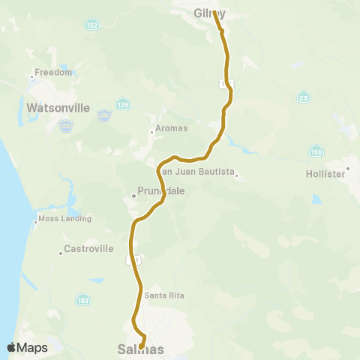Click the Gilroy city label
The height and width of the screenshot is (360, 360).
209,13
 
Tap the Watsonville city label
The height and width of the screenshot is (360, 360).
58,108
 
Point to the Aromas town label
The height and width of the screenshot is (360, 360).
171,128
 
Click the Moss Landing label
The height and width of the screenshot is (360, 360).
66,219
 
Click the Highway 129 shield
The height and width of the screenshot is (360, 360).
121,104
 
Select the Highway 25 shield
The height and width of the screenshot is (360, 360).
303,97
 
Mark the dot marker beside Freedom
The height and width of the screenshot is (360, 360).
32,76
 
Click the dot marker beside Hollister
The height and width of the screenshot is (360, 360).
348,166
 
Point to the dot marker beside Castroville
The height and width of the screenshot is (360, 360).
61,253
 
